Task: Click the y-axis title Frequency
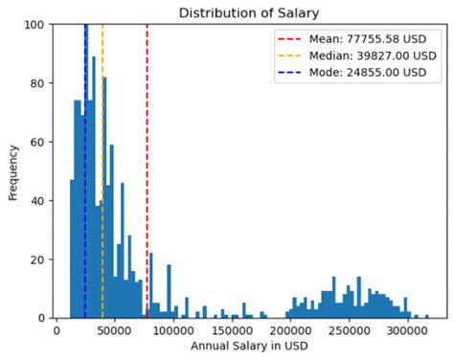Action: [x=13, y=171]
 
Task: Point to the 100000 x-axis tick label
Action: [x=173, y=330]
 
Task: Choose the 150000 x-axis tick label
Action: [x=232, y=330]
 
